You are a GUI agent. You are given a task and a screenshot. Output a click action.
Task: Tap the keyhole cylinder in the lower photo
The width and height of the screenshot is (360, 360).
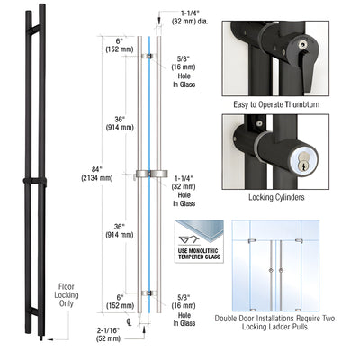click(x=301, y=159)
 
